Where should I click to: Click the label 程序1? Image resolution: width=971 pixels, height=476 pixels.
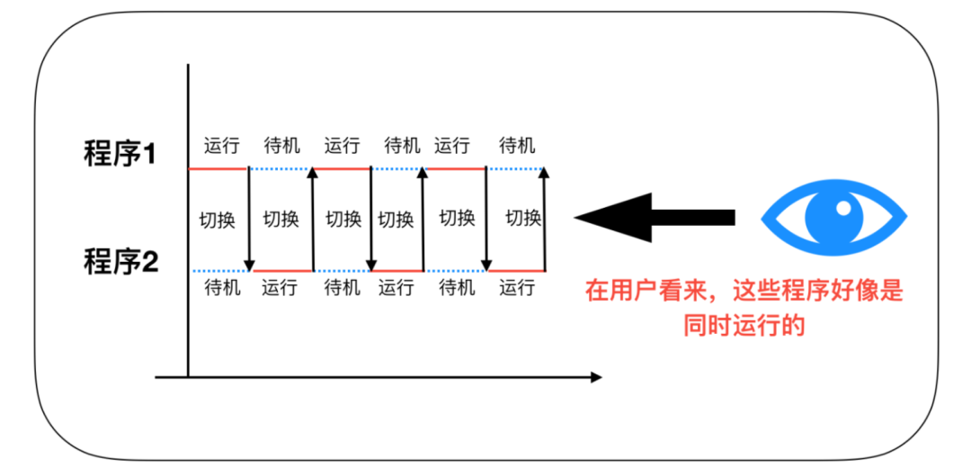120,154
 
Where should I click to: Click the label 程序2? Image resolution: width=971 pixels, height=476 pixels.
120,264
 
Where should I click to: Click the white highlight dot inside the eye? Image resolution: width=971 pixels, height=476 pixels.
843,208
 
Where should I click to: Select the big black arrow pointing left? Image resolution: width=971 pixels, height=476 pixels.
654,218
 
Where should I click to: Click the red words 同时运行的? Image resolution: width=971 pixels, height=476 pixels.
743,325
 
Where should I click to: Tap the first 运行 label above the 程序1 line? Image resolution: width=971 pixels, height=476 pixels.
222,145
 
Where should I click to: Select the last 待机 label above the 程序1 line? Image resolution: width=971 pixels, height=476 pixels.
517,145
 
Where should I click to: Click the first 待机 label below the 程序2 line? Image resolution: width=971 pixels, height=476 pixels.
222,288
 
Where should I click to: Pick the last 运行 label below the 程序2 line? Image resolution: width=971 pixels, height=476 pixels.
517,288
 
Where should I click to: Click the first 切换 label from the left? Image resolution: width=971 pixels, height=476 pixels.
218,219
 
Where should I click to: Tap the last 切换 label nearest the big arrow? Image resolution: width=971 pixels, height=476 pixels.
522,218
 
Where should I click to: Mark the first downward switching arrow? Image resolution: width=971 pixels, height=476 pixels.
249,220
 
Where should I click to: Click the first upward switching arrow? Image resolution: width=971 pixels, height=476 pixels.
313,220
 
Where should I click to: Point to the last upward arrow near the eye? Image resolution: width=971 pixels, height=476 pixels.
545,220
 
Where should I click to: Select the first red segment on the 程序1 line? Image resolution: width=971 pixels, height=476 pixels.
218,168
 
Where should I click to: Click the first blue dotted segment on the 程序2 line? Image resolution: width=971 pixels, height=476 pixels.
220,270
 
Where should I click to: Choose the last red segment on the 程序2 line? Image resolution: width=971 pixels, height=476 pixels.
516,270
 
